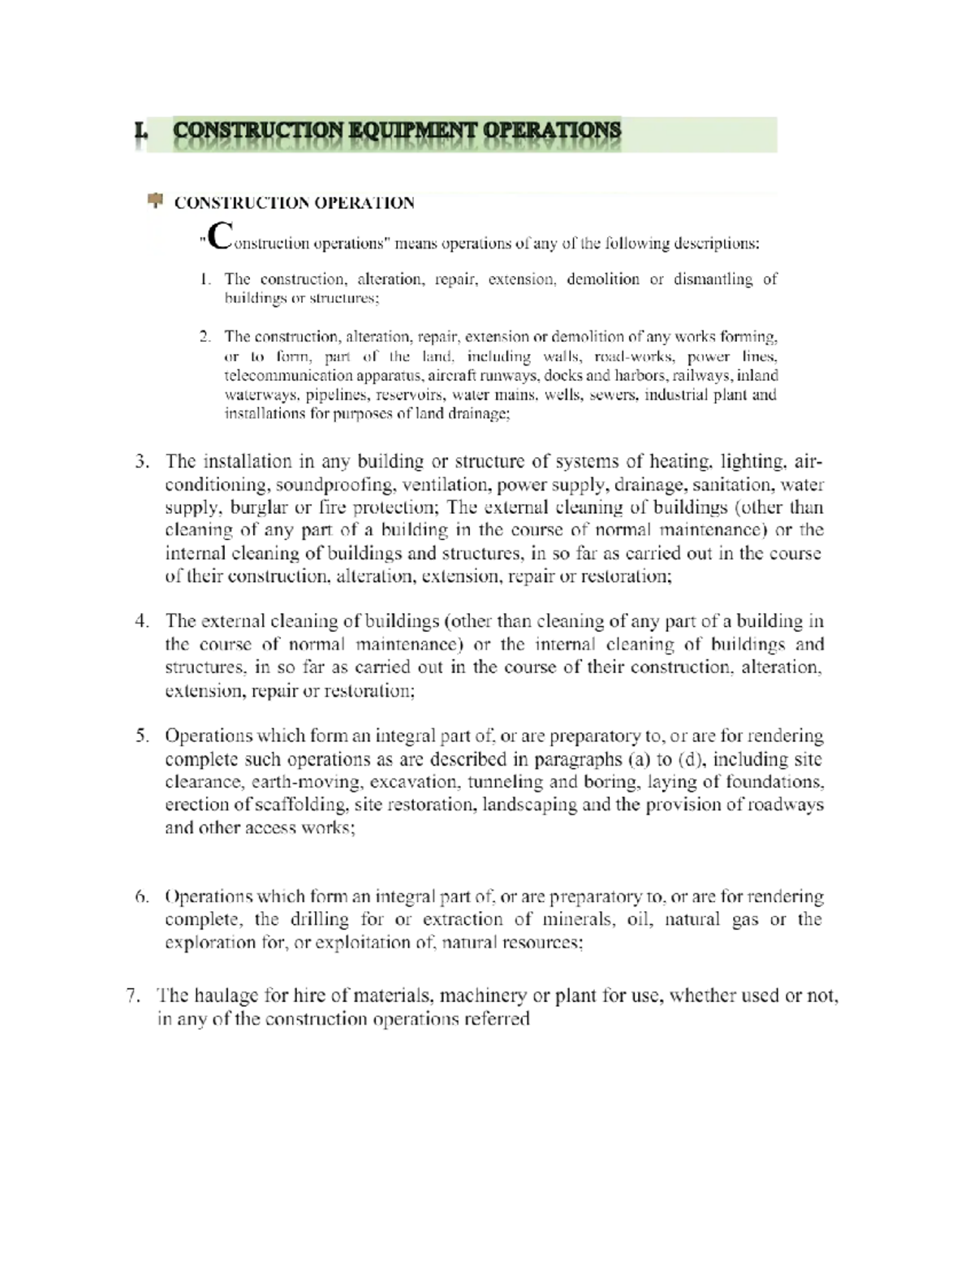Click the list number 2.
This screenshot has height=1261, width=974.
tap(206, 336)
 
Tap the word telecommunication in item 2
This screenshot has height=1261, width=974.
tap(278, 376)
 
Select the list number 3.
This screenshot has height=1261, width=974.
tap(142, 462)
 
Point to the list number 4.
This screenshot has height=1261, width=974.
tap(142, 622)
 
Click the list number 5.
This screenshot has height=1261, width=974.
tap(142, 736)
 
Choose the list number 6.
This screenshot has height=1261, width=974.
tap(142, 897)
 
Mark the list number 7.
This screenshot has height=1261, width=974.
tap(135, 996)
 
